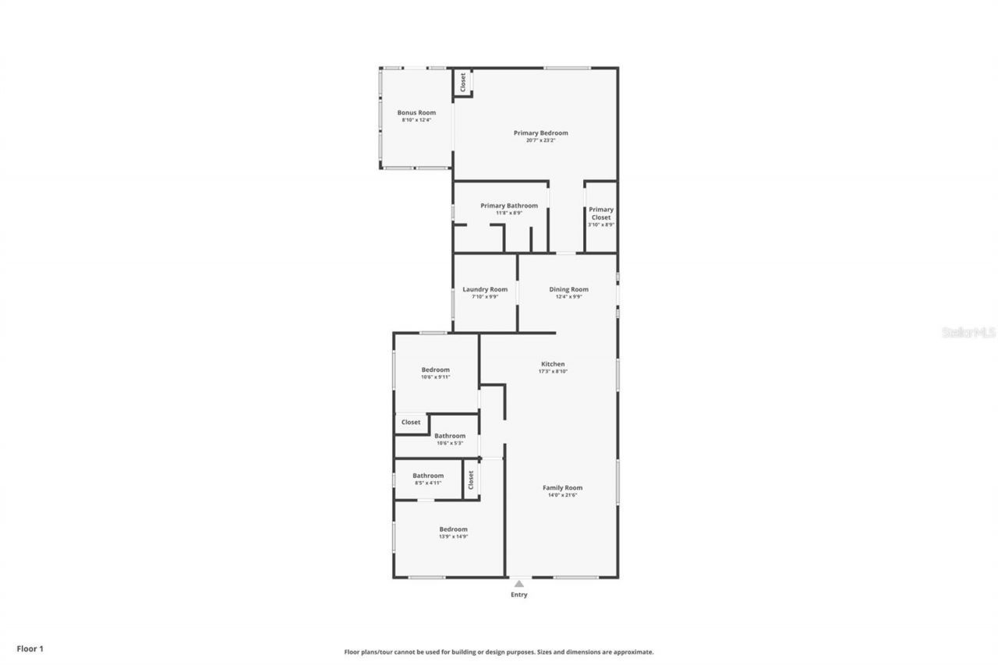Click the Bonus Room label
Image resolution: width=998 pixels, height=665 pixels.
(x=416, y=113)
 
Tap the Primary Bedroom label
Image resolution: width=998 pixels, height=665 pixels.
(x=540, y=133)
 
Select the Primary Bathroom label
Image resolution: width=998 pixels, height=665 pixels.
(x=508, y=206)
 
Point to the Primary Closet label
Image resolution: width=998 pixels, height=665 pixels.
(x=601, y=213)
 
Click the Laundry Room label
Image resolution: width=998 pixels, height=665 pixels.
(x=485, y=289)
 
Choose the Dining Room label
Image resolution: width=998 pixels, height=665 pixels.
(x=568, y=289)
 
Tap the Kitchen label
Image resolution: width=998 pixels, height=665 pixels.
(x=553, y=364)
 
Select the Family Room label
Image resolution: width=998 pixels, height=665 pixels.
(x=562, y=488)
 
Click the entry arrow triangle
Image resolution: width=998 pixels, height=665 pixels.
(x=519, y=583)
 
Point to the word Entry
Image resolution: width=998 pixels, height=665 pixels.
(x=519, y=595)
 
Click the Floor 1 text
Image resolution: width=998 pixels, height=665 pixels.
(x=30, y=648)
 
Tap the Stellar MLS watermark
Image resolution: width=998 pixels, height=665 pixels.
(x=969, y=332)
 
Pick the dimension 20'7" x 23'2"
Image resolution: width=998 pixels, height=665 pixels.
(x=540, y=140)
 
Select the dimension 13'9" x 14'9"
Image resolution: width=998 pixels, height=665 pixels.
(x=453, y=536)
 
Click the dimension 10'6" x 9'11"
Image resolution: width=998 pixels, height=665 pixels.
(x=435, y=377)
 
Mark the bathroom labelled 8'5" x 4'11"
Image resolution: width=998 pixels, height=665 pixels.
(x=428, y=476)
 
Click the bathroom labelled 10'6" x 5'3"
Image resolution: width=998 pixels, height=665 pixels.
(x=450, y=436)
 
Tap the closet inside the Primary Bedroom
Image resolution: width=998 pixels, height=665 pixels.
(x=463, y=83)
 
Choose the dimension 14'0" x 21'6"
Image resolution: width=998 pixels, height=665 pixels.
(x=562, y=495)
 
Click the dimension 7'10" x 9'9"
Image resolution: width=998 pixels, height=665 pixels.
(x=485, y=296)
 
